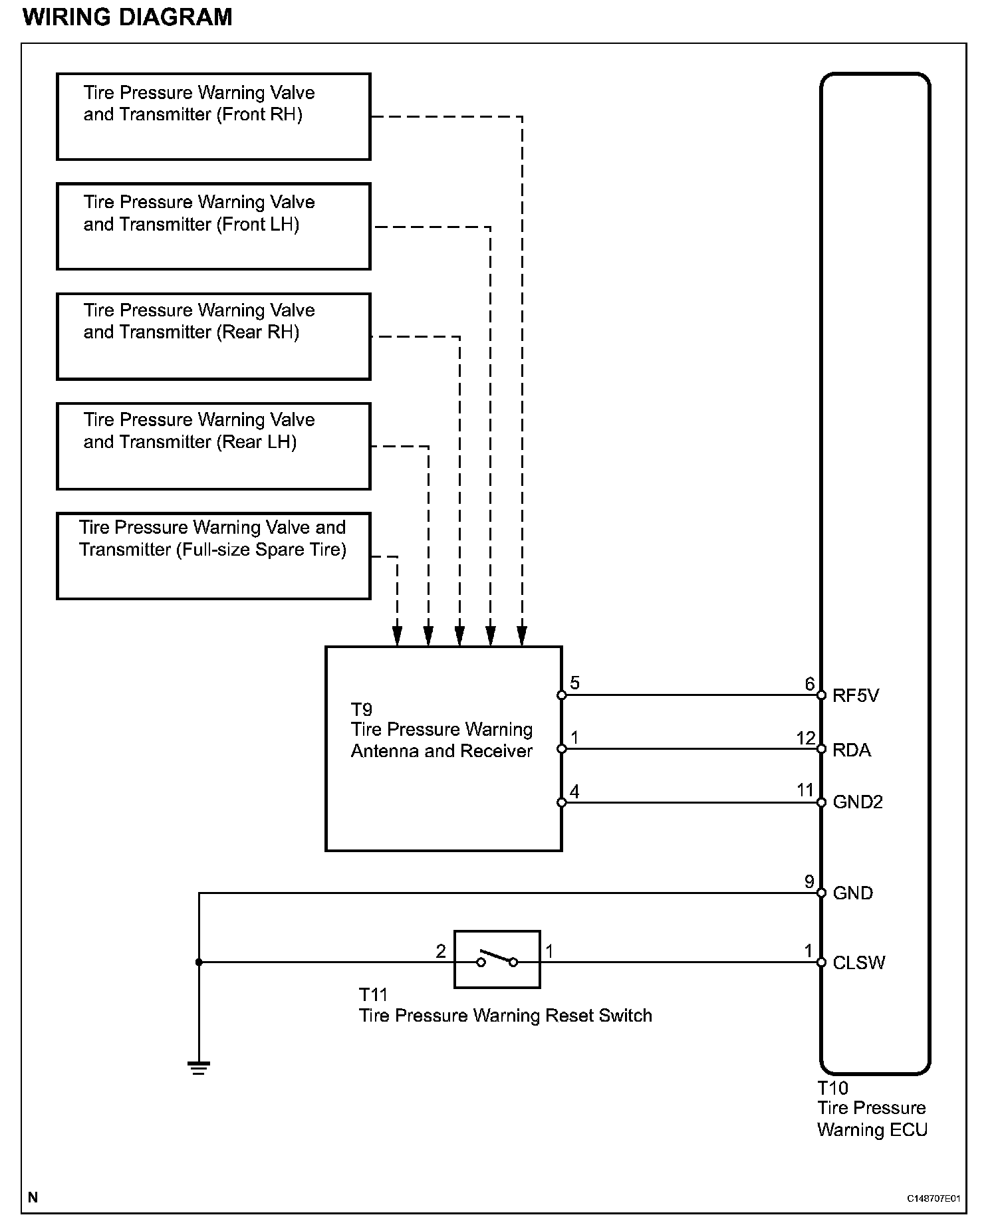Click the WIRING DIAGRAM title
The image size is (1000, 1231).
[128, 17]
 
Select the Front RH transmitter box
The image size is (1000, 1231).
[213, 116]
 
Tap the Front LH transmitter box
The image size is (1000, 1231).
[213, 226]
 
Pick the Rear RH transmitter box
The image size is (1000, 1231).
[213, 336]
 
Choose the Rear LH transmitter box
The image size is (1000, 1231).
[213, 446]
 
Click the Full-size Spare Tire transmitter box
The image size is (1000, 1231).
[213, 556]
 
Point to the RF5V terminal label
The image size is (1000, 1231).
[856, 696]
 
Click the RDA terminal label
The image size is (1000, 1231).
[852, 750]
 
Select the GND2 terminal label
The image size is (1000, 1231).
[858, 802]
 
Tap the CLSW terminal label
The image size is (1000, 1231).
[859, 962]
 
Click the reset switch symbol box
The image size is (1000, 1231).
[497, 959]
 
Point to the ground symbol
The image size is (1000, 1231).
[199, 1068]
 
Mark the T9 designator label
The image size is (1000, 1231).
[362, 709]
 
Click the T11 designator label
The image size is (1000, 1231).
[373, 994]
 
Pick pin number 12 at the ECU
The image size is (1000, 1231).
[806, 738]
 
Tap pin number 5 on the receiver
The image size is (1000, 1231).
[575, 683]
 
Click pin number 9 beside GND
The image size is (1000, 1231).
[809, 881]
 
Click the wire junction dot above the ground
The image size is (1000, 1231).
[199, 962]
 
